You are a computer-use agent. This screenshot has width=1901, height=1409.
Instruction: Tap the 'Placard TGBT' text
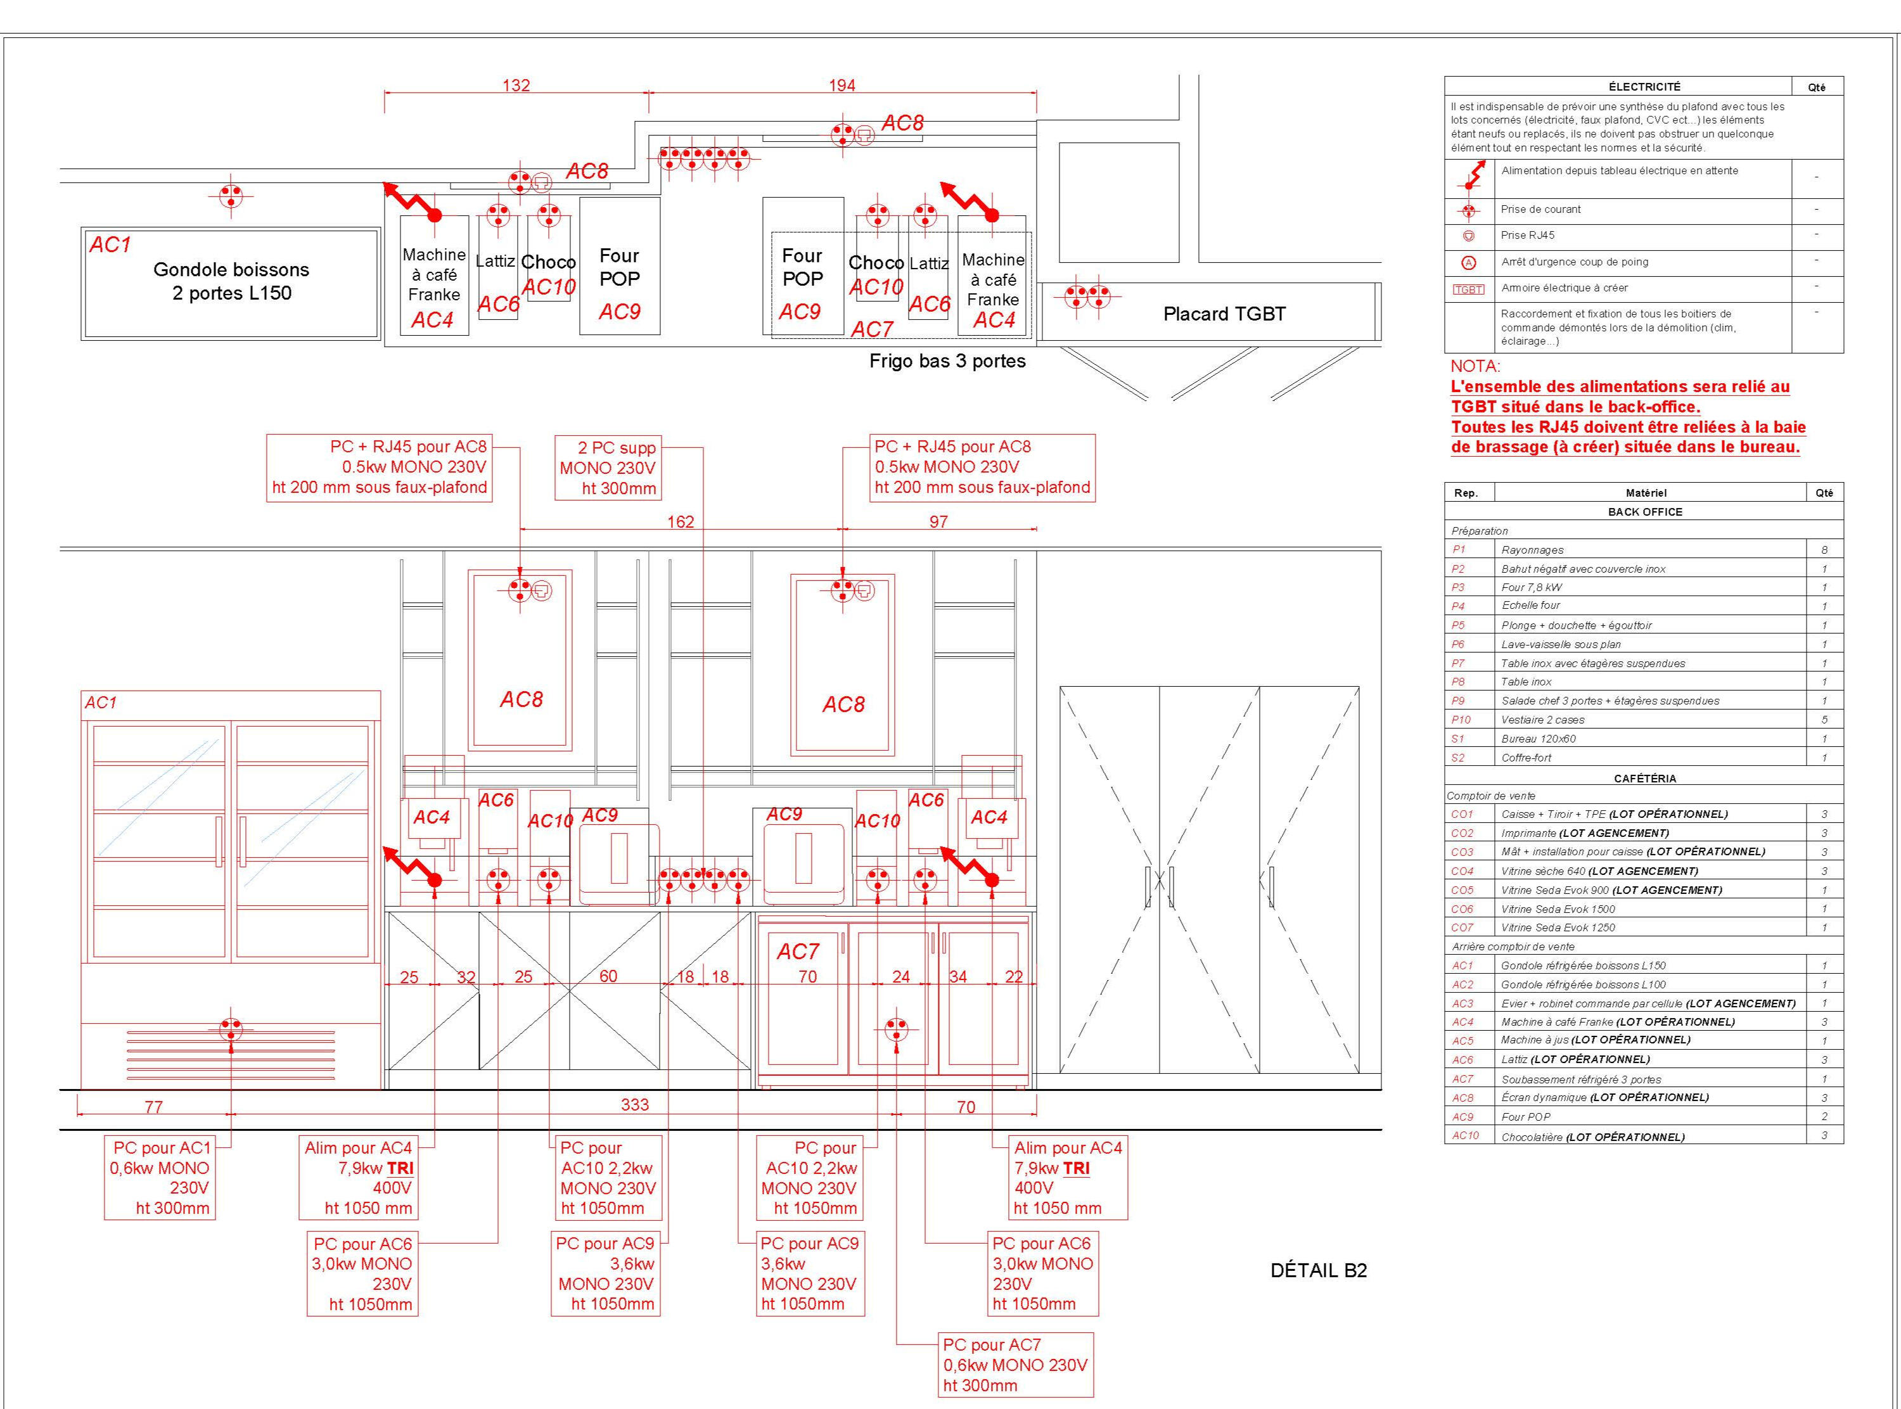[1224, 314]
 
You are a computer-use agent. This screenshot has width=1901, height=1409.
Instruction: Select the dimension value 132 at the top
[516, 86]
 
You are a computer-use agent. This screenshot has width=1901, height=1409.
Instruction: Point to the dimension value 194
[842, 86]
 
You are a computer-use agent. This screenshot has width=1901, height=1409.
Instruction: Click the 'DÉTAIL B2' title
[1319, 1270]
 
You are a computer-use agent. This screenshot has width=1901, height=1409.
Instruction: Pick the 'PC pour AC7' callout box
[1015, 1365]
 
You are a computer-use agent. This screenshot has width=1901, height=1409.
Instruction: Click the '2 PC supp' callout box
[608, 468]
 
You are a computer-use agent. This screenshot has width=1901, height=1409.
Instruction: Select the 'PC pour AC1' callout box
[160, 1177]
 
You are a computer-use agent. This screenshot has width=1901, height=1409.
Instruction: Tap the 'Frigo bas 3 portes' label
[947, 360]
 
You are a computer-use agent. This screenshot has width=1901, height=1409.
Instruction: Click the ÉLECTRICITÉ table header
[1644, 86]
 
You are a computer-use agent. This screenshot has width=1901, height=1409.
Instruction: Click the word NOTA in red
[1475, 366]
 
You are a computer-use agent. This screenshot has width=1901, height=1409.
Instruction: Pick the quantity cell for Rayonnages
[1824, 550]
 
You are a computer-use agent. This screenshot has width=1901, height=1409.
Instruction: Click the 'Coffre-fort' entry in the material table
[1527, 757]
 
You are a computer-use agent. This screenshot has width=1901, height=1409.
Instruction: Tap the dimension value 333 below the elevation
[634, 1104]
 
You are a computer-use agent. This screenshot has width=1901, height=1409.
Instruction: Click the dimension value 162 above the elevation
[681, 521]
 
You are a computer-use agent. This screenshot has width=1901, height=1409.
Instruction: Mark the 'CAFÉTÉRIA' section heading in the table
[1645, 779]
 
